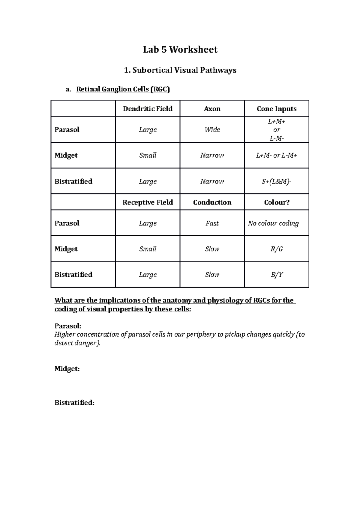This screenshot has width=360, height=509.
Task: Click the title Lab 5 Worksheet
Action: tap(180, 49)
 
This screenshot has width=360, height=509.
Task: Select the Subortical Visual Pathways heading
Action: tap(180, 70)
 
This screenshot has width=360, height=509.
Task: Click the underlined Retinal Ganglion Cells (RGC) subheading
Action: tap(123, 89)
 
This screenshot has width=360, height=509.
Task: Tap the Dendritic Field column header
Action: tap(148, 109)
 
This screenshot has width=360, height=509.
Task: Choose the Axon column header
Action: tap(212, 109)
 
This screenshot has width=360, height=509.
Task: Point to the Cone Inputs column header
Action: tap(277, 109)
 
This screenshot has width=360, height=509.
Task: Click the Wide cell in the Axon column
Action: tap(212, 129)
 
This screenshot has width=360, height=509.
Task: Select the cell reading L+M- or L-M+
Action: tap(277, 155)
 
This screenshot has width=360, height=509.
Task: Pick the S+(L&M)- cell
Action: tap(277, 181)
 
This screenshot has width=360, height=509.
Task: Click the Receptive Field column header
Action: tap(148, 202)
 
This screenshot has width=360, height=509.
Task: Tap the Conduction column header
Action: tap(212, 202)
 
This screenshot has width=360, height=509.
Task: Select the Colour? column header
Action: tap(277, 202)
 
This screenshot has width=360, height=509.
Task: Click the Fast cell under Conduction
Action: tap(212, 223)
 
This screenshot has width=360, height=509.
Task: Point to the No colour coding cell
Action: tap(273, 223)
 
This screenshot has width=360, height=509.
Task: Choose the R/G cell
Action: tap(277, 249)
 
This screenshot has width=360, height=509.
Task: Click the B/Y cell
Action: tap(277, 275)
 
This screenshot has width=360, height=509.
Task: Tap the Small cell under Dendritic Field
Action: tap(148, 155)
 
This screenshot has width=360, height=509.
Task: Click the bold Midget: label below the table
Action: tap(67, 369)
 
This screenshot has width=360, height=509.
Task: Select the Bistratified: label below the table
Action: tap(74, 403)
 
